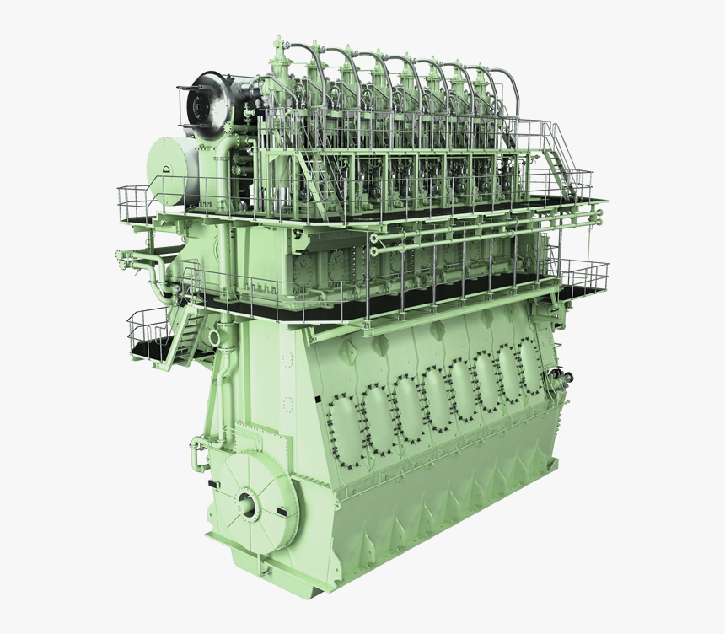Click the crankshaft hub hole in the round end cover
tap(247, 503)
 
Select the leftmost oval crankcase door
tap(345, 426)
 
